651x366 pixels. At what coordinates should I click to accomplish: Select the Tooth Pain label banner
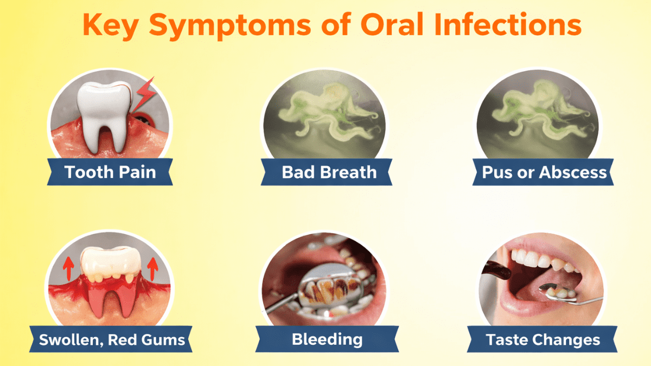coord(110,172)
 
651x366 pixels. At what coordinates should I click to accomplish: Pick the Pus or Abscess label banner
coord(544,172)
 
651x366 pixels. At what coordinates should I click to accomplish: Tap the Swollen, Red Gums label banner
coord(112,340)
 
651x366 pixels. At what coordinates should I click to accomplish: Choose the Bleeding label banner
coord(327,339)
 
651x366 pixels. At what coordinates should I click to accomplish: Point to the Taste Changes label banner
coord(543,340)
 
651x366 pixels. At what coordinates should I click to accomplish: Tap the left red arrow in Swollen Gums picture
coord(68,267)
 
